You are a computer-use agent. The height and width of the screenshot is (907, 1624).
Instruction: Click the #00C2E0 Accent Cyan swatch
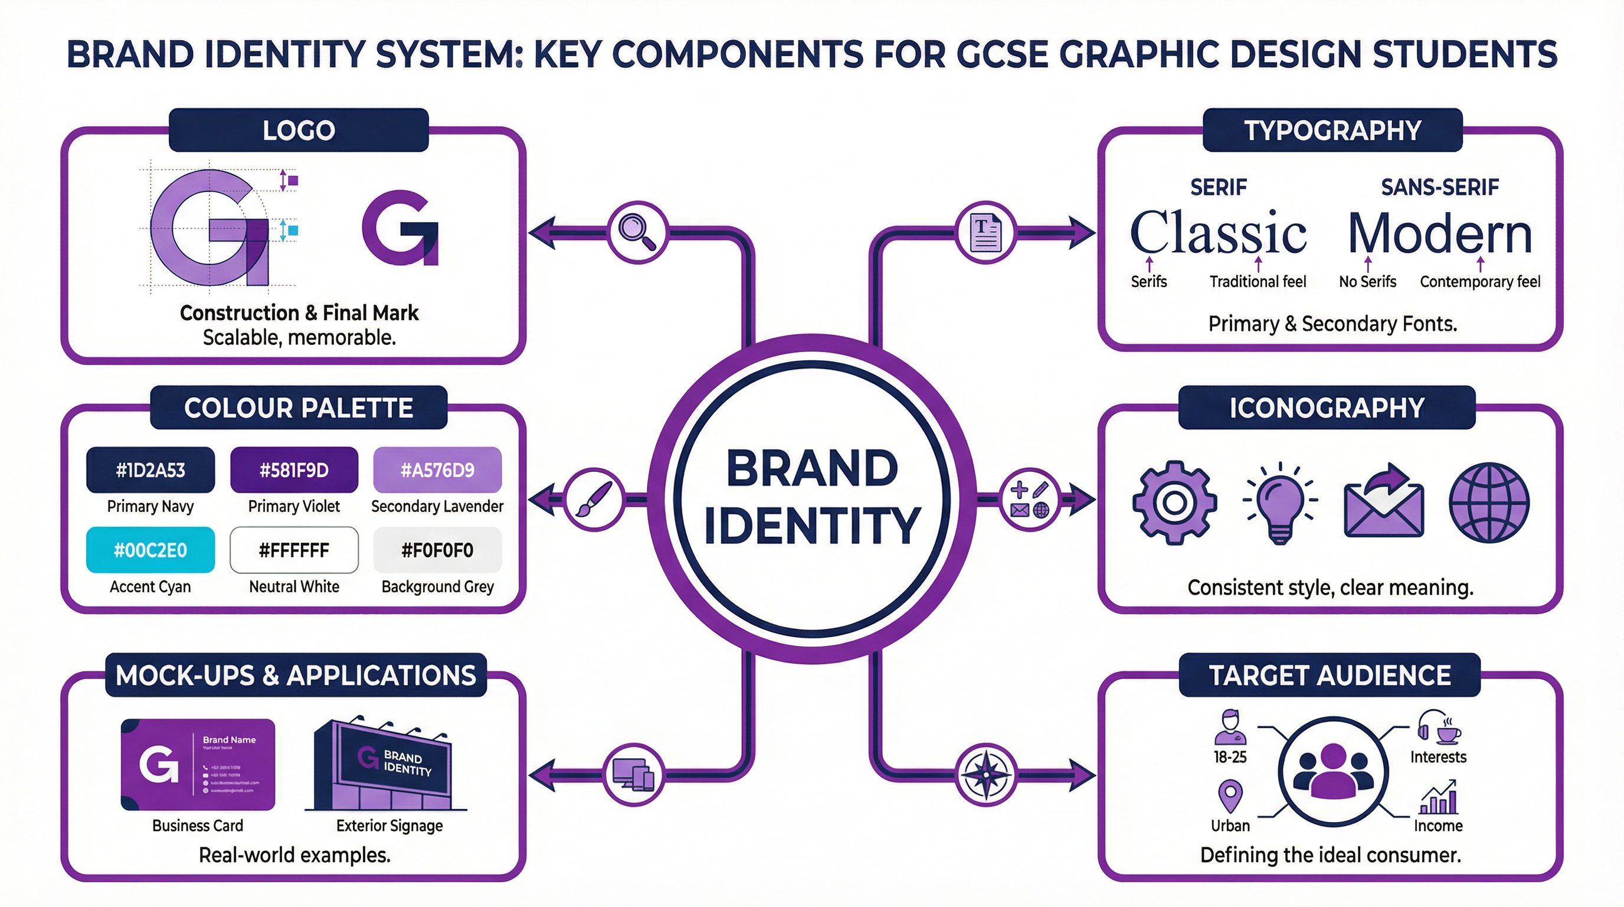[x=150, y=550]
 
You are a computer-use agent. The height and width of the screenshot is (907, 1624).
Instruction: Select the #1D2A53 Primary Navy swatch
[x=150, y=470]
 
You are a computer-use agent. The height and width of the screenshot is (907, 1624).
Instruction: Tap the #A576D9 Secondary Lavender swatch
[x=437, y=470]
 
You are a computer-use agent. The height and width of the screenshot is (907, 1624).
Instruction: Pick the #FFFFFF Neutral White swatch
[x=294, y=550]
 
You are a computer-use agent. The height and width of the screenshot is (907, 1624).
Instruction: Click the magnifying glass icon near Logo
[x=637, y=232]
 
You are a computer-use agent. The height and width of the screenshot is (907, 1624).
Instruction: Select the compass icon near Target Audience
[x=986, y=774]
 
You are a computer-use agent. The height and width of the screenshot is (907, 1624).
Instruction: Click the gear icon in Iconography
[x=1174, y=503]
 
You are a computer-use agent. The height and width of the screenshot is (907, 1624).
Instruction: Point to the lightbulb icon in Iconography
[x=1280, y=503]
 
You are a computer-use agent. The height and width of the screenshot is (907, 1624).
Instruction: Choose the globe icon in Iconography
[x=1488, y=503]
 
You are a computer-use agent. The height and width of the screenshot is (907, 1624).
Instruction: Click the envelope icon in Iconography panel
[x=1384, y=505]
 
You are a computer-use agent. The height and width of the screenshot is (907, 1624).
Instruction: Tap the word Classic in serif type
[x=1218, y=233]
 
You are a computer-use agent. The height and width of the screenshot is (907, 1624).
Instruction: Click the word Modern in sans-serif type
[x=1440, y=233]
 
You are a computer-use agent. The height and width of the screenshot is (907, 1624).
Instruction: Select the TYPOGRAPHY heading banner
[x=1332, y=130]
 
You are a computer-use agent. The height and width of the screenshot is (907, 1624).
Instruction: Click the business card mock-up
[x=198, y=765]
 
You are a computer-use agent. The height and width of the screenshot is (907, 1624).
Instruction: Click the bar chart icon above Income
[x=1438, y=798]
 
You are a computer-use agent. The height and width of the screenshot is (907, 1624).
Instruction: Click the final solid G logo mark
[x=400, y=228]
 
